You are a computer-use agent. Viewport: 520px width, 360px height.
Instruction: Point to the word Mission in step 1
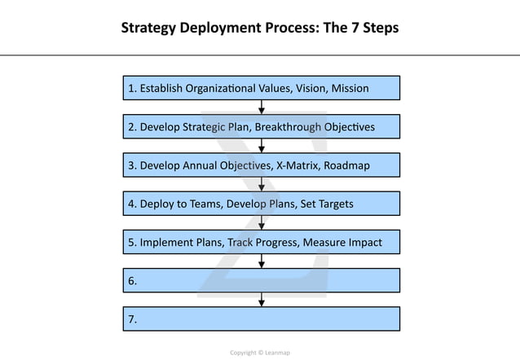pos(350,88)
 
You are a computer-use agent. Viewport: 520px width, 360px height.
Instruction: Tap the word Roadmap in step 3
pos(346,165)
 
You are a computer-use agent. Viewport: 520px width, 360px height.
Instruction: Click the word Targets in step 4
pos(333,204)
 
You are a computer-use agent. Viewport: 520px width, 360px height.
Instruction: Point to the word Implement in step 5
pos(166,242)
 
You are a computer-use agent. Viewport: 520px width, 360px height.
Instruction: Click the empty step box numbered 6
pos(262,280)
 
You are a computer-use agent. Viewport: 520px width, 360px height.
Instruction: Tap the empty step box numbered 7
pos(262,319)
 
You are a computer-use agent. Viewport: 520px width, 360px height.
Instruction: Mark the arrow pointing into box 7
pos(262,300)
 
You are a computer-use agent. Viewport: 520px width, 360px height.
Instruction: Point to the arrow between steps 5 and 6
pos(262,261)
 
